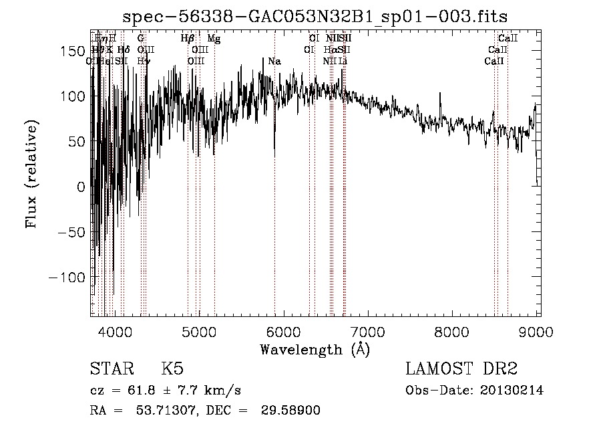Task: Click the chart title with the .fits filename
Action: click(x=320, y=17)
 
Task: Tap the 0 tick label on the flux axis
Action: click(x=81, y=187)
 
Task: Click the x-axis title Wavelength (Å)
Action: click(x=315, y=350)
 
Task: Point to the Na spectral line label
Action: click(x=274, y=62)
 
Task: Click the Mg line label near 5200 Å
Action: click(x=214, y=39)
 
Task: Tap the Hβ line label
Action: click(x=188, y=39)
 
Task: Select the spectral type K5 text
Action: click(x=172, y=370)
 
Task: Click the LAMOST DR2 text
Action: click(x=461, y=369)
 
